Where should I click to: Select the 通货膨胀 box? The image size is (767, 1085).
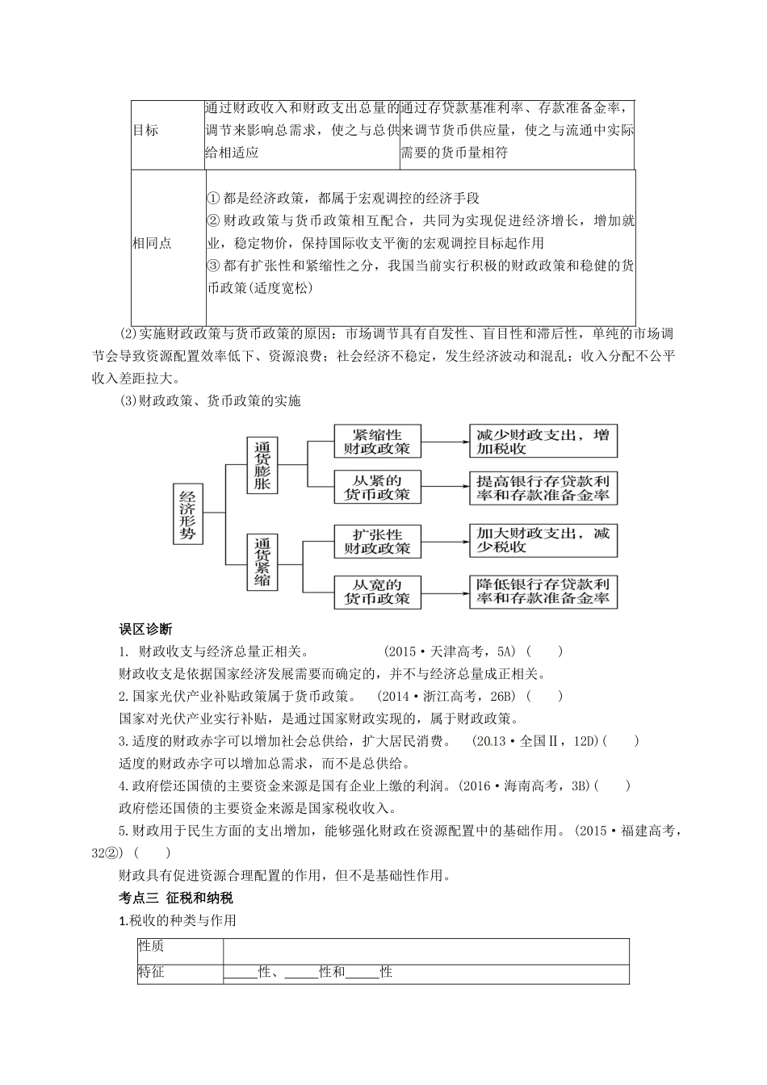[x=262, y=466]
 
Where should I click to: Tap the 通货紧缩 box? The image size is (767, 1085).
[x=262, y=561]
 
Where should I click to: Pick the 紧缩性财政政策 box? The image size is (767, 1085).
[x=376, y=441]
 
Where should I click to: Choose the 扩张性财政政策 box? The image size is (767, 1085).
[x=376, y=542]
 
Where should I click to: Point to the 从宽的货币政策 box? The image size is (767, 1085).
[x=376, y=592]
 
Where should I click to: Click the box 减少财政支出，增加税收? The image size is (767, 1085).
[x=543, y=441]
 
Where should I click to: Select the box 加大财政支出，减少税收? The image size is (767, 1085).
[x=543, y=539]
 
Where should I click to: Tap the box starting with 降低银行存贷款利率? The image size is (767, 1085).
[x=543, y=592]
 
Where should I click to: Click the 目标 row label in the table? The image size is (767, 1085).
[x=146, y=131]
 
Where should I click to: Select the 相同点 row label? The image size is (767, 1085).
[x=153, y=243]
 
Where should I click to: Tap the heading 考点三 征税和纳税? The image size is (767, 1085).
[x=176, y=898]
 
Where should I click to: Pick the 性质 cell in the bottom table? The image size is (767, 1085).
[x=151, y=946]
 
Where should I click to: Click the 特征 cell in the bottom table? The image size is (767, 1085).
[x=151, y=972]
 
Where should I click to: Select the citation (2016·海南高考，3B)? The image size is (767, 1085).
[x=526, y=785]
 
